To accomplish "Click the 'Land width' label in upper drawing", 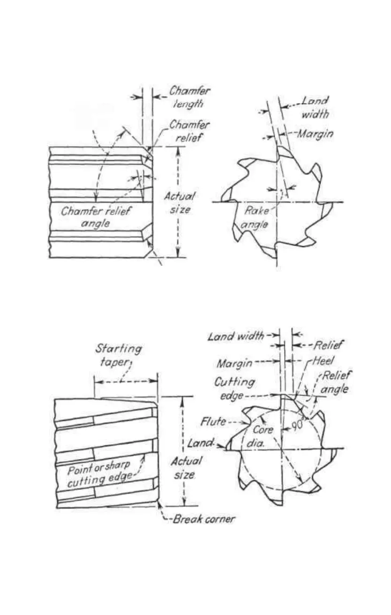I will (x=315, y=107).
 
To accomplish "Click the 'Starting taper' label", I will (x=119, y=355).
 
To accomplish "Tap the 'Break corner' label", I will (x=203, y=519).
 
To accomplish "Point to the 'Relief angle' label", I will (x=335, y=382).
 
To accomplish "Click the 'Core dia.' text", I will (x=263, y=434).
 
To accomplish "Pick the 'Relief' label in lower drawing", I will (x=328, y=345).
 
